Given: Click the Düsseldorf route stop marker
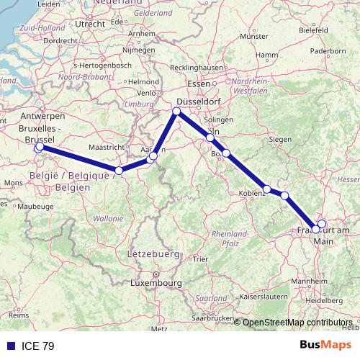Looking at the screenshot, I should tap(176, 111).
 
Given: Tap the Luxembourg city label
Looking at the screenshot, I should tap(156, 283).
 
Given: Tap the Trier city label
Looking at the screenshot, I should tap(201, 259).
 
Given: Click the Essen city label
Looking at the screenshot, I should tap(198, 84).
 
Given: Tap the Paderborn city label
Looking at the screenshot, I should tap(328, 51).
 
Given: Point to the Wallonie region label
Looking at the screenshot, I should tap(109, 217).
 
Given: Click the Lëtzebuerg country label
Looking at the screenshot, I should tap(153, 254).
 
